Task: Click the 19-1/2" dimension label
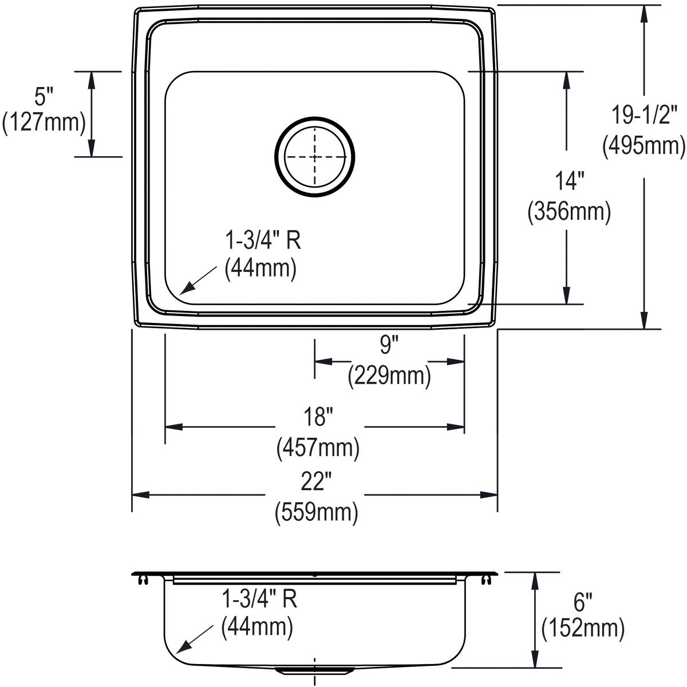tap(644, 115)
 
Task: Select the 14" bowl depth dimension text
tap(568, 181)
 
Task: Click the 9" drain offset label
tap(389, 345)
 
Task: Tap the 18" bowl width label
tap(318, 417)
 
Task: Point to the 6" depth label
tap(582, 602)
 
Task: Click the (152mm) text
tap(583, 629)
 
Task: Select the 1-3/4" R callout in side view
tap(259, 599)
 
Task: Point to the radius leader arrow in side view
tap(192, 641)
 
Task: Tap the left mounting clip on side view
tap(142, 581)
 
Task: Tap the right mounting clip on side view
tap(487, 581)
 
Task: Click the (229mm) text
tap(389, 376)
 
